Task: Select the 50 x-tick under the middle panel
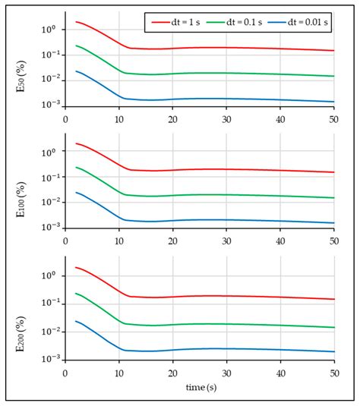click(x=334, y=242)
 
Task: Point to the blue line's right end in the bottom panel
click(x=334, y=351)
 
